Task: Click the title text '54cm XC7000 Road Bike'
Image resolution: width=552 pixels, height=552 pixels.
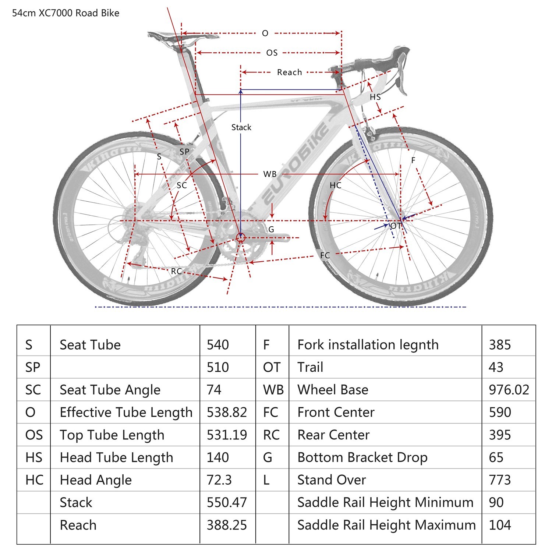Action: click(x=66, y=13)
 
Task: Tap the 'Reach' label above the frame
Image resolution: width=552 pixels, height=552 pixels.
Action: click(x=289, y=72)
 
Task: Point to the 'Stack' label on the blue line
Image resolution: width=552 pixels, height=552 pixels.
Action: click(x=241, y=127)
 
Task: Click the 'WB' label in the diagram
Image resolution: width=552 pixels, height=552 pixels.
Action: click(x=270, y=174)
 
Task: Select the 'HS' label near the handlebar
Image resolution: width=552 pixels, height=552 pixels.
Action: click(x=375, y=97)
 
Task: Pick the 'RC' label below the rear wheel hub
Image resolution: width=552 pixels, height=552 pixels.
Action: click(x=176, y=271)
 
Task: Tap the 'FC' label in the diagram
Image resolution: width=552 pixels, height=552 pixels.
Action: click(x=325, y=255)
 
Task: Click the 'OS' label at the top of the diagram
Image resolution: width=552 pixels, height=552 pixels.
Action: click(x=272, y=53)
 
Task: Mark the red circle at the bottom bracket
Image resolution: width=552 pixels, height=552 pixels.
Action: click(x=241, y=238)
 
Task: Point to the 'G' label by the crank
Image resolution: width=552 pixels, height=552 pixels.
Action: click(x=271, y=230)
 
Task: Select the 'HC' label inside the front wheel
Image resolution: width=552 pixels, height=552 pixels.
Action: click(x=335, y=185)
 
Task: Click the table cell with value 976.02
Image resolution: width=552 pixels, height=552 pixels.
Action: click(x=509, y=390)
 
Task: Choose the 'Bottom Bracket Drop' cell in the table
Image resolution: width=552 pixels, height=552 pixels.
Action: click(x=362, y=457)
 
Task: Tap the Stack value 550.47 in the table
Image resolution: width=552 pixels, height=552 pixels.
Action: click(x=226, y=502)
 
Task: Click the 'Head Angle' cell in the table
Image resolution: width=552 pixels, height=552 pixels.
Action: click(x=96, y=480)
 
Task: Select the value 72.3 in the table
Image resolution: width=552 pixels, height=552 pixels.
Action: click(x=219, y=480)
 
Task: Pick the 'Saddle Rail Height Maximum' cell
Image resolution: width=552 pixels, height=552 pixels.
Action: click(x=386, y=525)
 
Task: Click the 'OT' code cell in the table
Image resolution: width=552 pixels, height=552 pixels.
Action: click(x=272, y=367)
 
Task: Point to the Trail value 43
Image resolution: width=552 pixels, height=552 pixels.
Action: click(x=496, y=367)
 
